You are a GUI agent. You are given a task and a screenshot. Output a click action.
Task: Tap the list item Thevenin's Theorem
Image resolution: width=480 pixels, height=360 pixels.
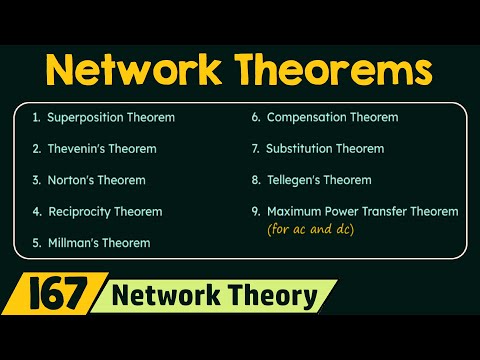99,149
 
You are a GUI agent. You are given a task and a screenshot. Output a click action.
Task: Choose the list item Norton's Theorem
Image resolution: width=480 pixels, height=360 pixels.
96,180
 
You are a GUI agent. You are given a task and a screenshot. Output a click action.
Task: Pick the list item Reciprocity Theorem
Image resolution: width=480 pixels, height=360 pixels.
104,211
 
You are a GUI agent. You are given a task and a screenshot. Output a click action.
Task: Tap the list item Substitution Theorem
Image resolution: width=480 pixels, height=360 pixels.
325,149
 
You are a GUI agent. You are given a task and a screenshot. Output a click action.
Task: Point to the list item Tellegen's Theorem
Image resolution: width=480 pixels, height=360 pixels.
319,180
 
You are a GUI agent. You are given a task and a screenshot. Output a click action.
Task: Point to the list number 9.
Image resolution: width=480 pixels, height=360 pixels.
255,211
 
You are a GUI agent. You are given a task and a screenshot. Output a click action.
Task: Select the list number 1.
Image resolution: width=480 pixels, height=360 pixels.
36,118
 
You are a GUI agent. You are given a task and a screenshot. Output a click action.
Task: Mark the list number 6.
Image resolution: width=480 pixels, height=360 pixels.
255,118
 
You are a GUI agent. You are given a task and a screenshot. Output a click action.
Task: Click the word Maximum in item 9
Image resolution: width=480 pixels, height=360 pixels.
296,211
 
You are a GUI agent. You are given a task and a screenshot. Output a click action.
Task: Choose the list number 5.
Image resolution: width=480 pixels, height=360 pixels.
36,242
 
